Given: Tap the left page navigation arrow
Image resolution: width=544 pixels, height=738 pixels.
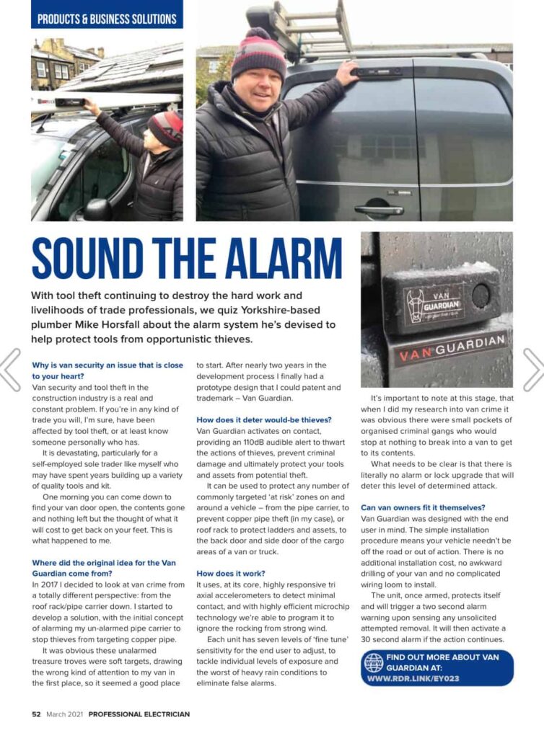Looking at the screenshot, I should tap(9, 370).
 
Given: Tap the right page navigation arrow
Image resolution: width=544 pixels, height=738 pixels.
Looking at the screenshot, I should tap(534, 370).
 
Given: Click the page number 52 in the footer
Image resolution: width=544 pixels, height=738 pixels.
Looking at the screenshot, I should tap(36, 714).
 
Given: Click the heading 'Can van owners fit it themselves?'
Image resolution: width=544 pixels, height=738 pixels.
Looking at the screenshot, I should tap(423, 507).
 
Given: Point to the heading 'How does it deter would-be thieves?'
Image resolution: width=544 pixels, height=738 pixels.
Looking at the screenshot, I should tap(263, 419).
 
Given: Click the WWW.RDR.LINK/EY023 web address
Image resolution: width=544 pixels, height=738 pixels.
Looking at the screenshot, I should tap(413, 678).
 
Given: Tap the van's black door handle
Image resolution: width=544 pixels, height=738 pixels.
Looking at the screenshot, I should tap(379, 210).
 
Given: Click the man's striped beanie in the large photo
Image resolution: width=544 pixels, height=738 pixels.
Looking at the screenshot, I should tap(258, 52).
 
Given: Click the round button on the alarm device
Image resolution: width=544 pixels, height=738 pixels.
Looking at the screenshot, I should tap(481, 294).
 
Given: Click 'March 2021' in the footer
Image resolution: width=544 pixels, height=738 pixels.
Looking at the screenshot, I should tap(66, 714).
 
